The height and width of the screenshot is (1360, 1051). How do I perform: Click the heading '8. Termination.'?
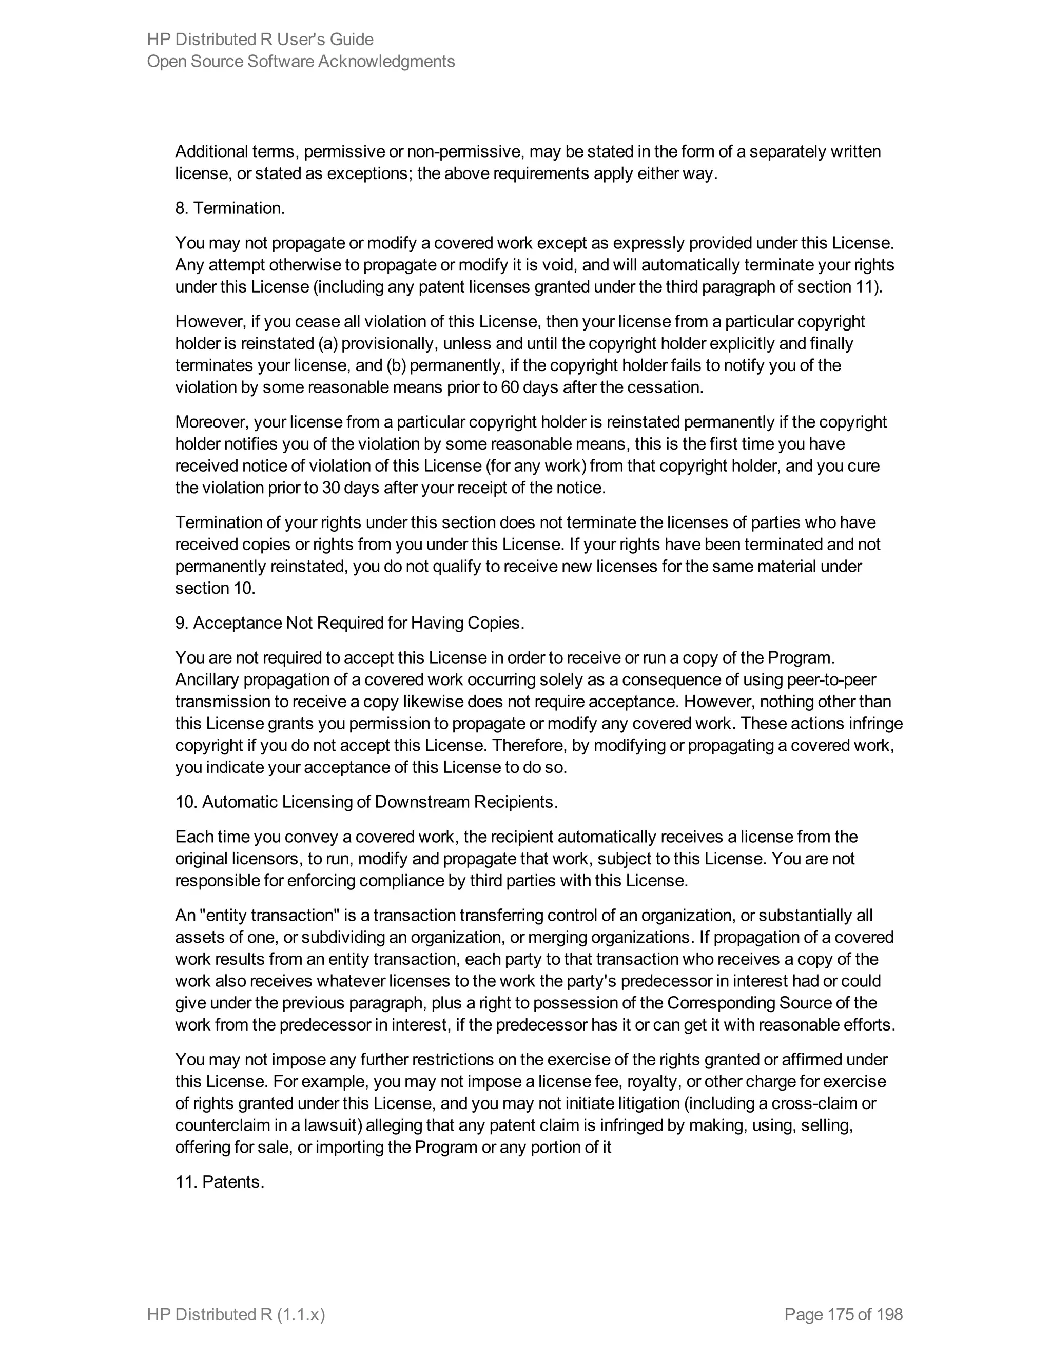click(230, 208)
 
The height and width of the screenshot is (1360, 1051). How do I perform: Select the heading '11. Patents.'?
click(219, 1182)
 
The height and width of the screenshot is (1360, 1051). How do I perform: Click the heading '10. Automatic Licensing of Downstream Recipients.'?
click(366, 802)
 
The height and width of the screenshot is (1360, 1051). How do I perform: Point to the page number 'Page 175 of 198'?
click(843, 1314)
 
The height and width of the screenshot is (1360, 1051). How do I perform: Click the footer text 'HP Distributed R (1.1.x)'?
click(236, 1314)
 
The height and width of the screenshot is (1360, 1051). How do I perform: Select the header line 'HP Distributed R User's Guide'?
click(260, 39)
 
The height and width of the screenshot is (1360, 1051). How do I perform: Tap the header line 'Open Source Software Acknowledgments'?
click(301, 61)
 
